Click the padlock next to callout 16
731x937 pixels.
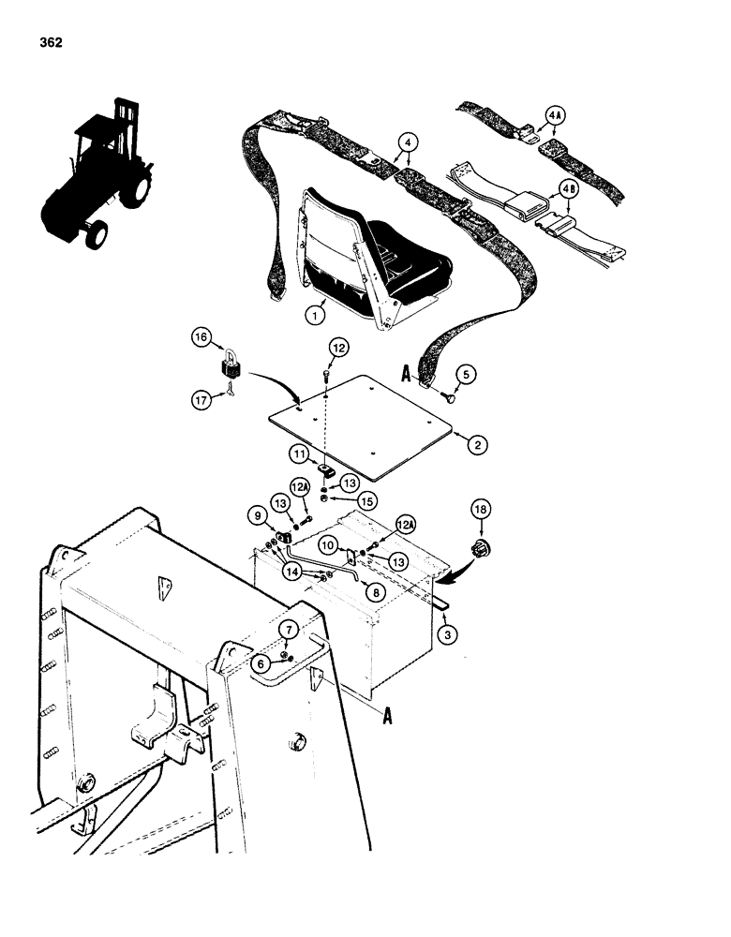(231, 369)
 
